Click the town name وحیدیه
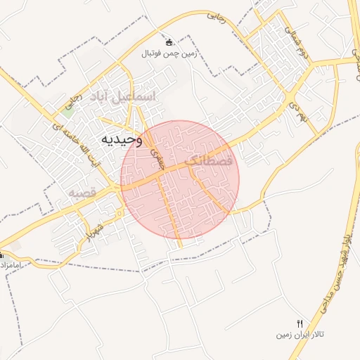(122, 139)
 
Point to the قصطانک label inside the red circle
(207, 161)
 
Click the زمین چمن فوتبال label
(169, 53)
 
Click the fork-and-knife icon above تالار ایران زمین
(300, 323)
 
